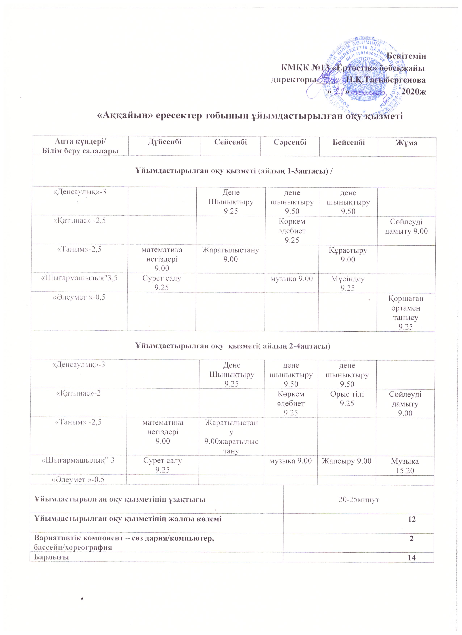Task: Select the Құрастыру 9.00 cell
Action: pyautogui.click(x=348, y=255)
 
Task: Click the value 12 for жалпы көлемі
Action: pyautogui.click(x=411, y=519)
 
